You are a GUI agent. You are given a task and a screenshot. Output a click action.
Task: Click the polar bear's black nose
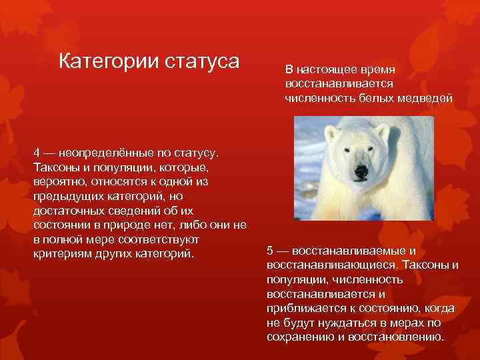pos(361,171)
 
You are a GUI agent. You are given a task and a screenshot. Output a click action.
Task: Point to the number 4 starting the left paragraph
pos(37,153)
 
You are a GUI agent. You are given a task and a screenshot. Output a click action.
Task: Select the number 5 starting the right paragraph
pos(270,251)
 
